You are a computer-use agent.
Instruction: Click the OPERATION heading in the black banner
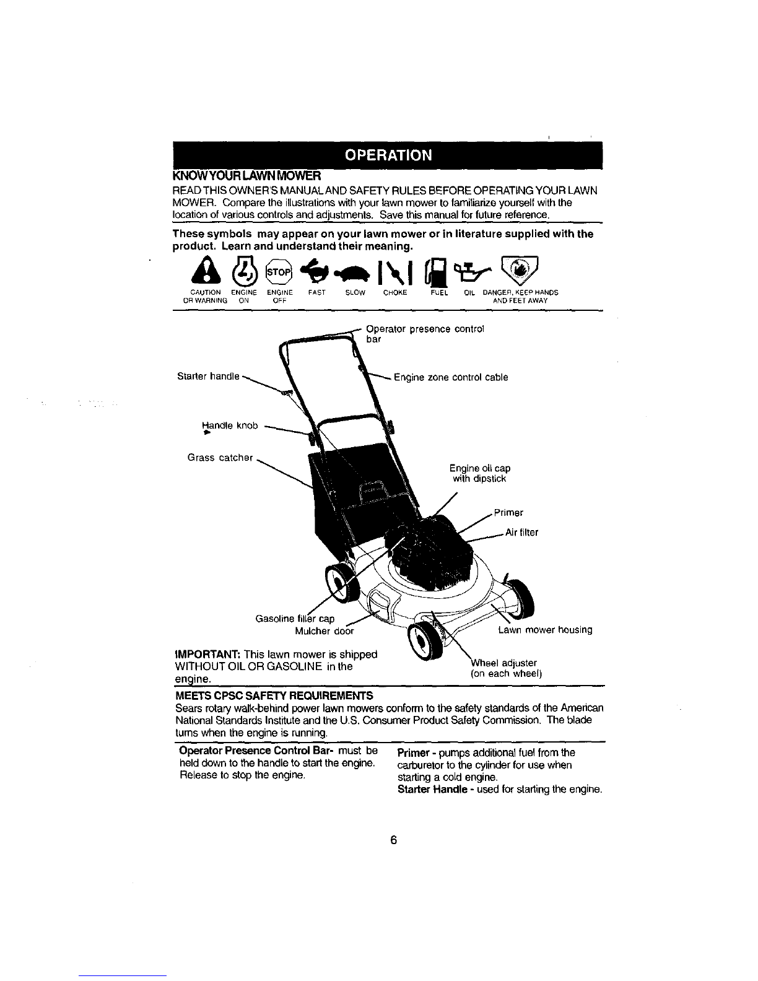(388, 155)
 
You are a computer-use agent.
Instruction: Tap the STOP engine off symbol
(279, 272)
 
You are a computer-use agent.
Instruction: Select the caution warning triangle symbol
(206, 270)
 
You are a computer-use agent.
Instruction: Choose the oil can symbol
(473, 269)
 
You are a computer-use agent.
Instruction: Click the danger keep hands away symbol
(520, 269)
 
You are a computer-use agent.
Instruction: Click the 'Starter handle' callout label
(208, 377)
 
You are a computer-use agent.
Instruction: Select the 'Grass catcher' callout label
(220, 458)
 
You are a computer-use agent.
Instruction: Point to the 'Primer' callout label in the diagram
(508, 513)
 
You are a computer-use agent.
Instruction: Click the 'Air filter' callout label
(522, 533)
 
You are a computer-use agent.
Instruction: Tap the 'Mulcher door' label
(324, 631)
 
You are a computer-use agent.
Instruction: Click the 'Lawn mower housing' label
(546, 630)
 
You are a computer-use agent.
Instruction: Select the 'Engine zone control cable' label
(451, 377)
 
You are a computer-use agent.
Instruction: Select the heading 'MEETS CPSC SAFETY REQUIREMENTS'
(274, 695)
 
